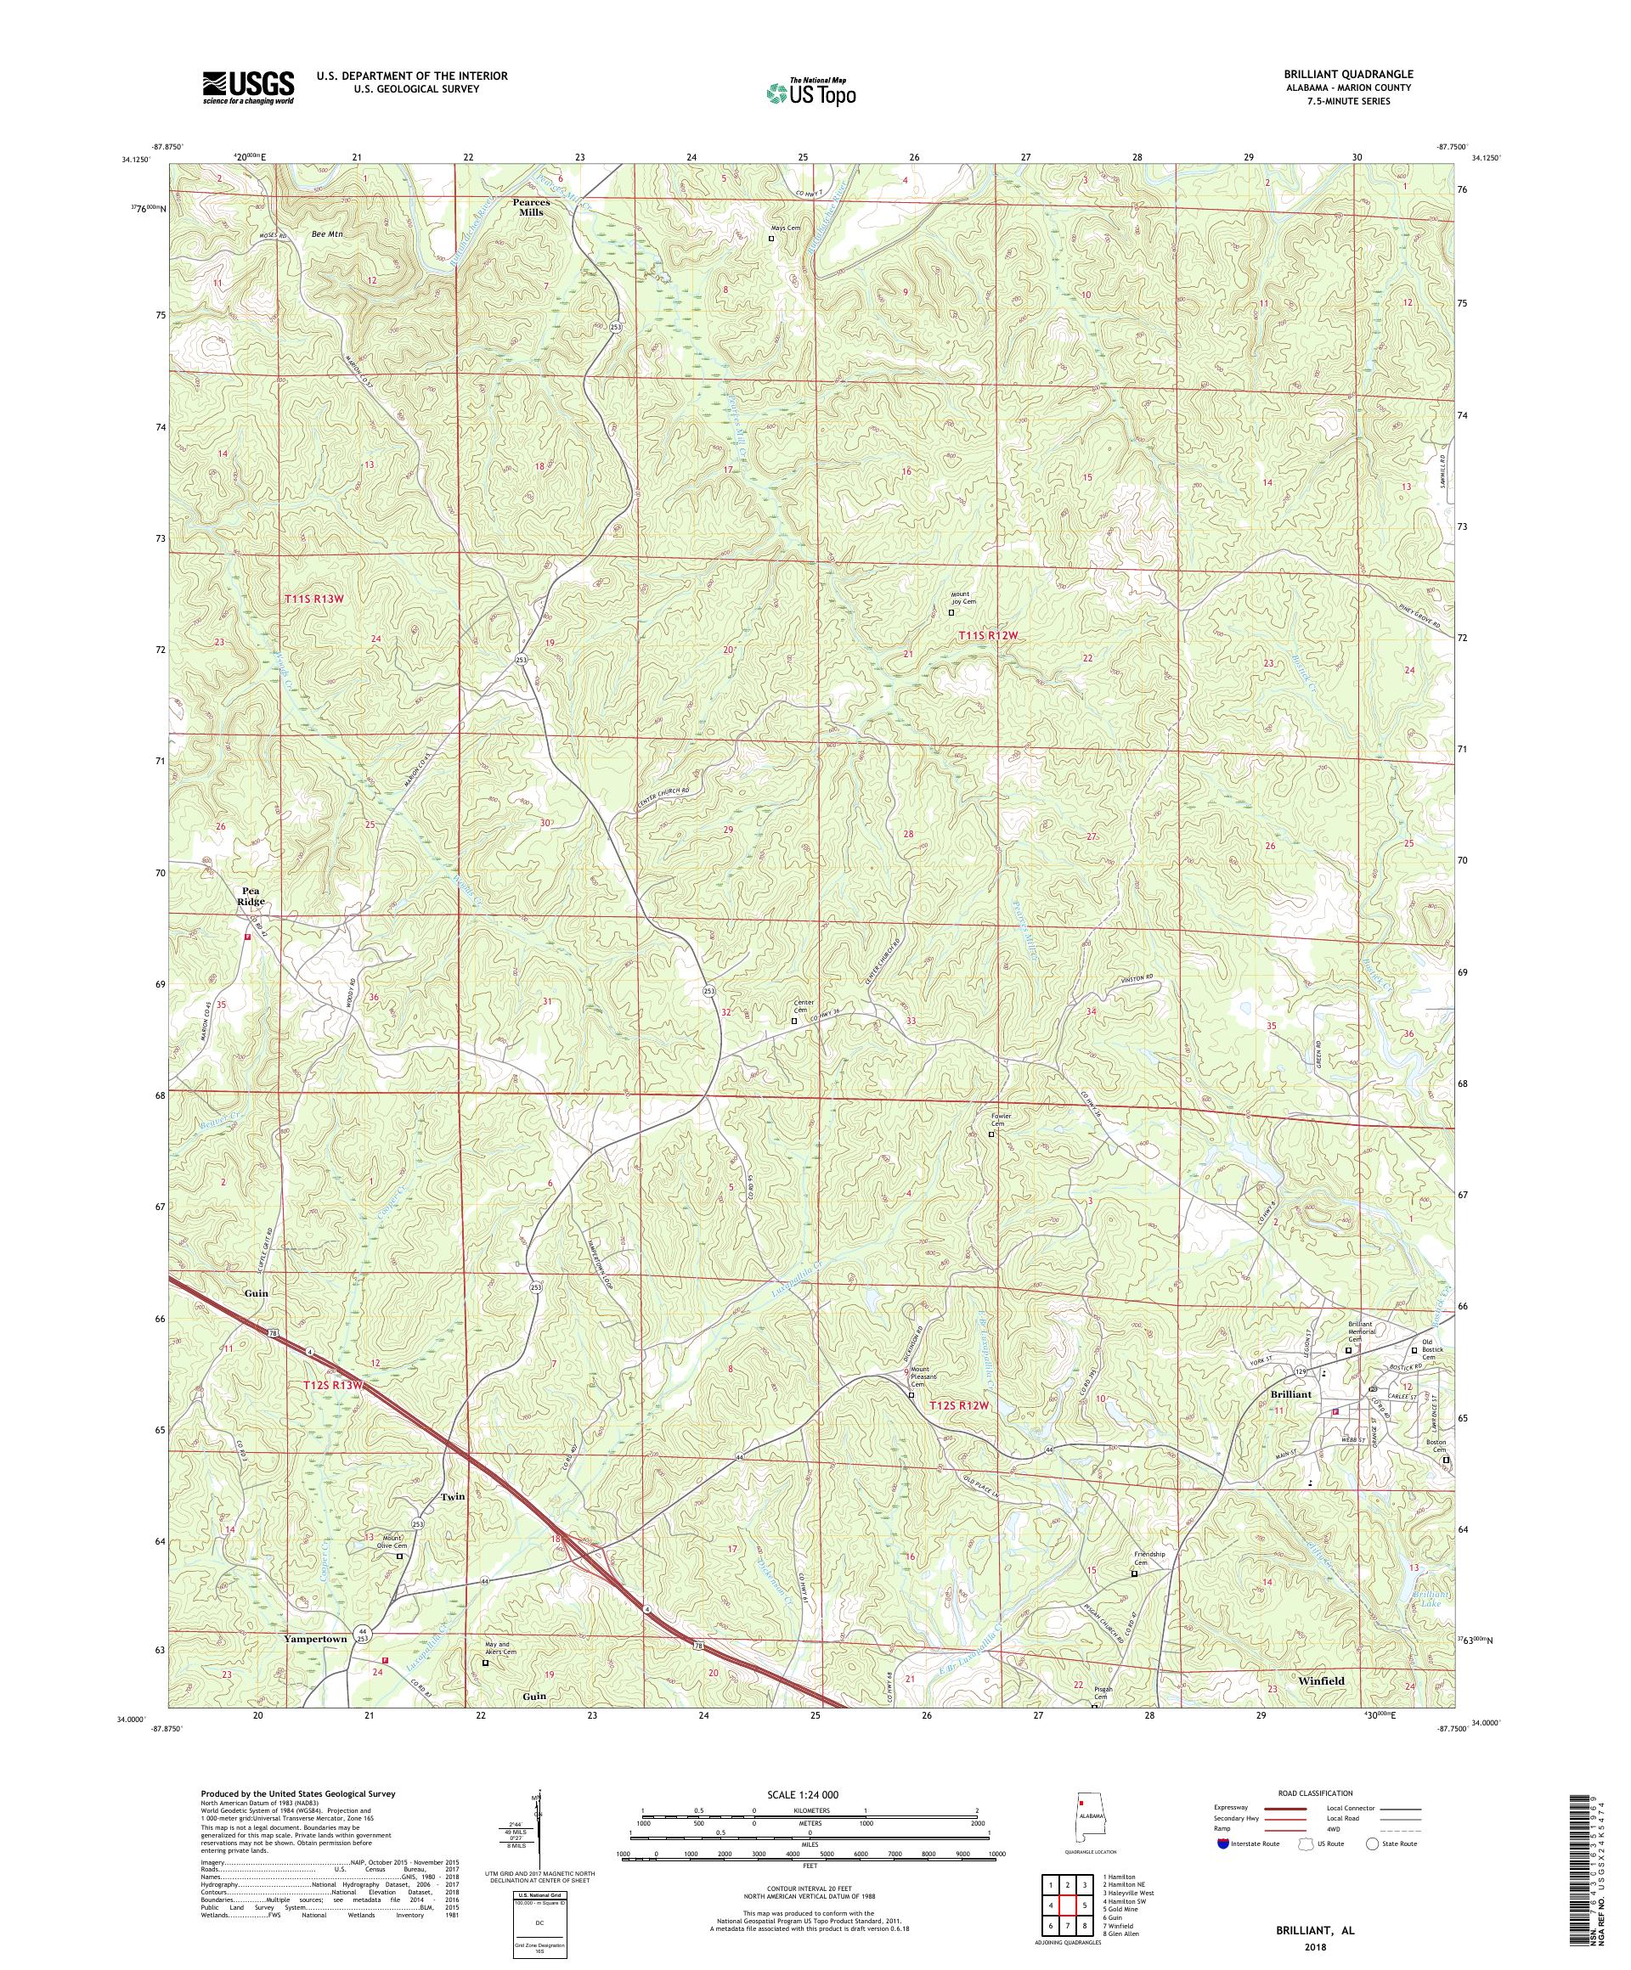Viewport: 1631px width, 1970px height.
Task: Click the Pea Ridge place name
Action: pyautogui.click(x=251, y=895)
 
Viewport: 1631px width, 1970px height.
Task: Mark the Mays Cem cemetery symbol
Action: pyautogui.click(x=771, y=239)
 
